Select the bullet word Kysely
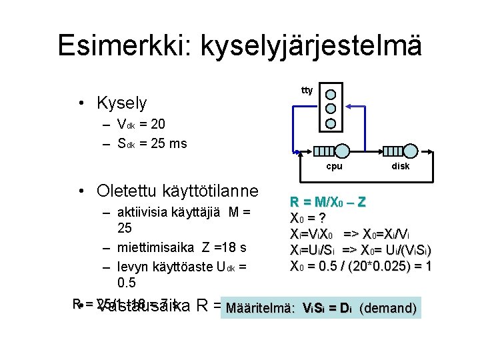[121, 103]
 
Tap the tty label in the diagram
[307, 90]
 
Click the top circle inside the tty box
[331, 94]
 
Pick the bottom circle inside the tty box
[331, 123]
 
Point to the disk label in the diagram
[401, 166]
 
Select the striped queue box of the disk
[395, 151]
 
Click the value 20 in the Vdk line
[158, 124]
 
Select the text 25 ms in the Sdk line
[172, 143]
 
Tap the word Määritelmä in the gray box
[261, 308]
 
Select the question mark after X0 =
[321, 218]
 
